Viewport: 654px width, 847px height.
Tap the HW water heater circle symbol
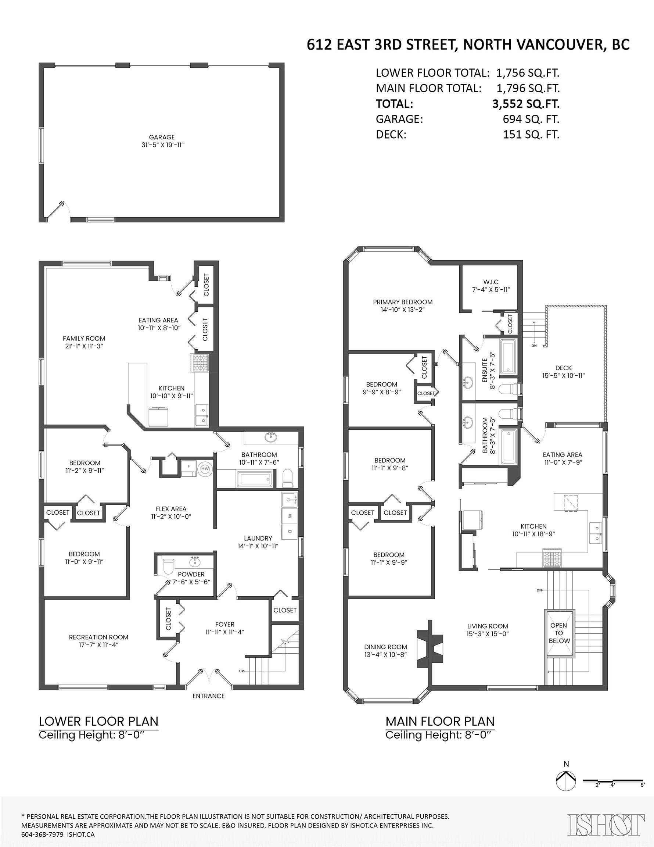[205, 469]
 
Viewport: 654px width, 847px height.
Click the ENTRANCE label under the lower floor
[209, 696]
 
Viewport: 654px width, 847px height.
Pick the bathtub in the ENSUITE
[508, 356]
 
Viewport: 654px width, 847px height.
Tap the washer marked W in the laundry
[290, 516]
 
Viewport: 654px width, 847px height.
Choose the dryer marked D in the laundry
[290, 531]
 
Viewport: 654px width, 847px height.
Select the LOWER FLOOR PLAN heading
[98, 721]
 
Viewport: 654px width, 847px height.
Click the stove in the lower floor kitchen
[199, 363]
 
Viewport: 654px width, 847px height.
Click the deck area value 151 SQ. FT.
[531, 135]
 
